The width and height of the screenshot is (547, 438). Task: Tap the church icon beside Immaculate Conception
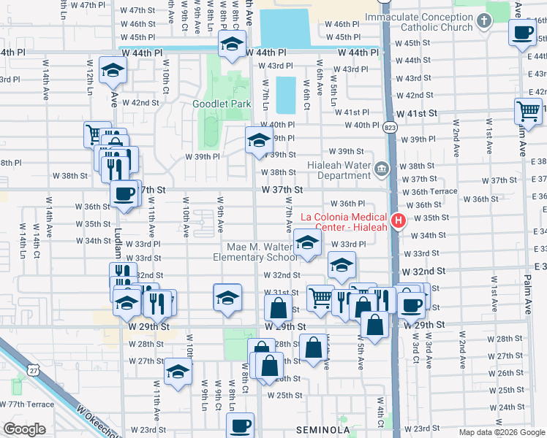[483, 22]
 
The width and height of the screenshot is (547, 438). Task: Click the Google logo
[24, 429]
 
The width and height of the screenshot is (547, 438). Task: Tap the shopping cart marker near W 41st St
[528, 112]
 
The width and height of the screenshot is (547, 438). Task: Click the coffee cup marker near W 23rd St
[241, 426]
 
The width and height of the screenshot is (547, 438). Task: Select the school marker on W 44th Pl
[232, 45]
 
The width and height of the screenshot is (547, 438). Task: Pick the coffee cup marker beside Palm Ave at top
[524, 32]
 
